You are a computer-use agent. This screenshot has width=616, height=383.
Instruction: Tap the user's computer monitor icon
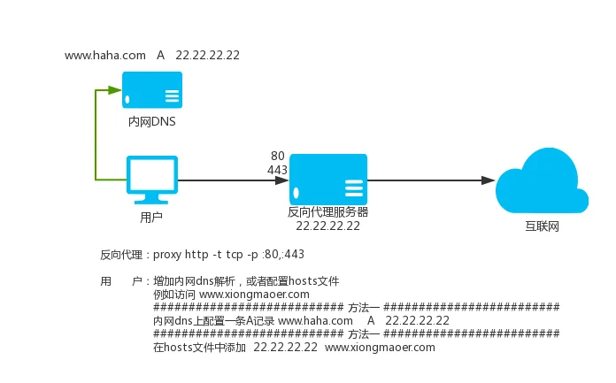[151, 180]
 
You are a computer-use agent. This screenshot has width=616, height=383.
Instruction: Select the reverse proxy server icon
[328, 180]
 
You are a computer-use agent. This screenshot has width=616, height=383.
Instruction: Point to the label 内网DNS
[151, 122]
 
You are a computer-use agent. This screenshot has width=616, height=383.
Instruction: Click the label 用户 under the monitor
[151, 217]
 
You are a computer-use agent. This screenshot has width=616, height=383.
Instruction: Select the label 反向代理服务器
[327, 212]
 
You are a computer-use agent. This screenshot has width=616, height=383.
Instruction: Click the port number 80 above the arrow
[277, 156]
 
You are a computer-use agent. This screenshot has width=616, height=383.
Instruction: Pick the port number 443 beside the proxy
[277, 169]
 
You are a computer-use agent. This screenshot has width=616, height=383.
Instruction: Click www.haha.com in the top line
[104, 55]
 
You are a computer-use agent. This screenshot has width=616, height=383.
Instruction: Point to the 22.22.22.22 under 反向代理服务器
[327, 226]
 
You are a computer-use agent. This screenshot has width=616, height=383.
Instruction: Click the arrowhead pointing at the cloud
[488, 180]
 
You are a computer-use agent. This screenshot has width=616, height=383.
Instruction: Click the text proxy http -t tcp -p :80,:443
[228, 255]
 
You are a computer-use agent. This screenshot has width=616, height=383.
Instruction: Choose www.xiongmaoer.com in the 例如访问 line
[254, 294]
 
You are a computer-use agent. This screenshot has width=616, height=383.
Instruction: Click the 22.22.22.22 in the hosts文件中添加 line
[285, 348]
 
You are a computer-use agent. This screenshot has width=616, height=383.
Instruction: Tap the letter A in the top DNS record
[160, 55]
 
